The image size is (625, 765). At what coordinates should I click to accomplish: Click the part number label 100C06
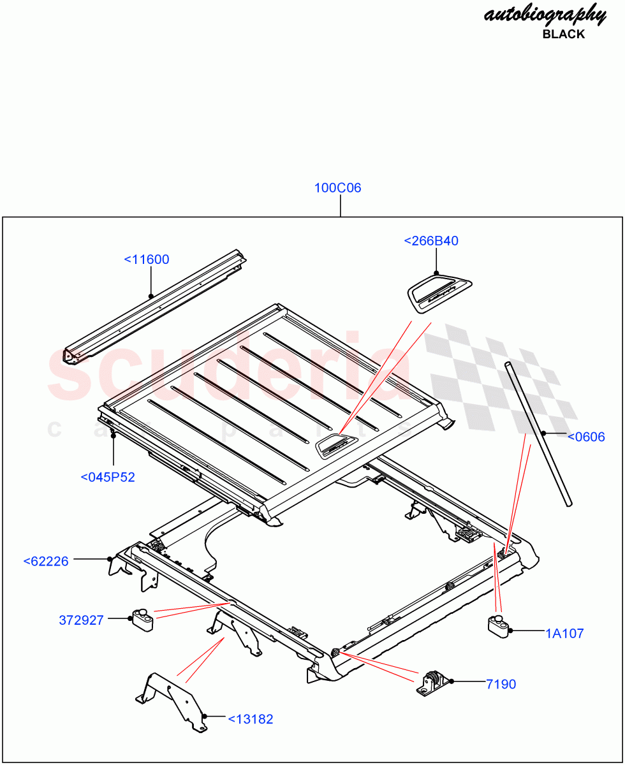pos(337,188)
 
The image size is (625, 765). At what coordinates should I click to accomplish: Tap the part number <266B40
pos(431,241)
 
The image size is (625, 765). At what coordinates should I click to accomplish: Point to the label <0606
pos(585,437)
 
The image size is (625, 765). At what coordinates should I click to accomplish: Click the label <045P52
pos(108,477)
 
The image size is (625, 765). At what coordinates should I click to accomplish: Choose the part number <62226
pos(46,562)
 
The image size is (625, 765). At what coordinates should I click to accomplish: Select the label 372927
pos(81,620)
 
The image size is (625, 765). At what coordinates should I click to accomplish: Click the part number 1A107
pos(564,633)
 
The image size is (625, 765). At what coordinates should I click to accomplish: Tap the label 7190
pos(501,684)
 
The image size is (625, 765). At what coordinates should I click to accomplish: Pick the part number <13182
pos(251,719)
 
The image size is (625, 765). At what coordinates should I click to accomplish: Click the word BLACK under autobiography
pos(563,34)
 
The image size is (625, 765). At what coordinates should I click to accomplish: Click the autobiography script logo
pos(545,14)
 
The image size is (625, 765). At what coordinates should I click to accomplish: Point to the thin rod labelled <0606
pos(539,433)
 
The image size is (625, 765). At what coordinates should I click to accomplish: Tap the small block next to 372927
pos(143,619)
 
